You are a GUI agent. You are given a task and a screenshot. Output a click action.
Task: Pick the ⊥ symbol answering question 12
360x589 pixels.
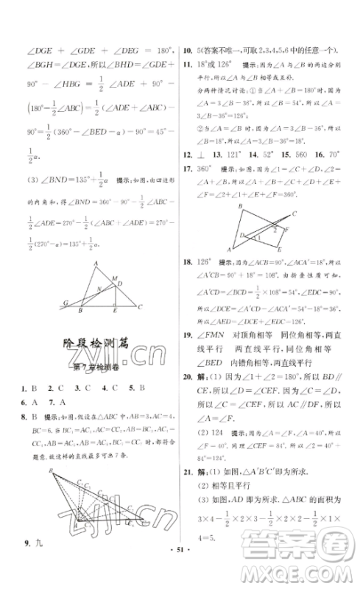(x=201, y=155)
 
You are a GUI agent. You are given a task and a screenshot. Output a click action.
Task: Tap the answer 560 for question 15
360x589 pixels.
(x=301, y=155)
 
